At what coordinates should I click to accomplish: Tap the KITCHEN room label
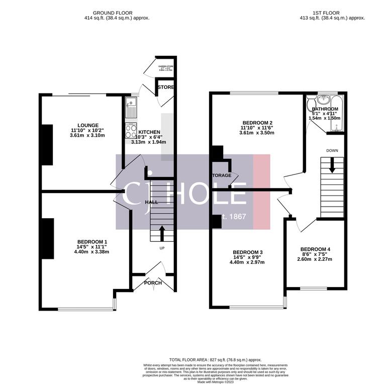(149, 132)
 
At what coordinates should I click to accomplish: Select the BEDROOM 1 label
(92, 241)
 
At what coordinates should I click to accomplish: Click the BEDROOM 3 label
(247, 252)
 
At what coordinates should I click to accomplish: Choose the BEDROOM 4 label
(315, 249)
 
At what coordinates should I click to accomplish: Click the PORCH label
(153, 283)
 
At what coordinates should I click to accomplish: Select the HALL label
(151, 202)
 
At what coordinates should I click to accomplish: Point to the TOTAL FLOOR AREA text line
(215, 360)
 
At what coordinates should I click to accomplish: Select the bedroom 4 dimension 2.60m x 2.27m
(315, 259)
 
